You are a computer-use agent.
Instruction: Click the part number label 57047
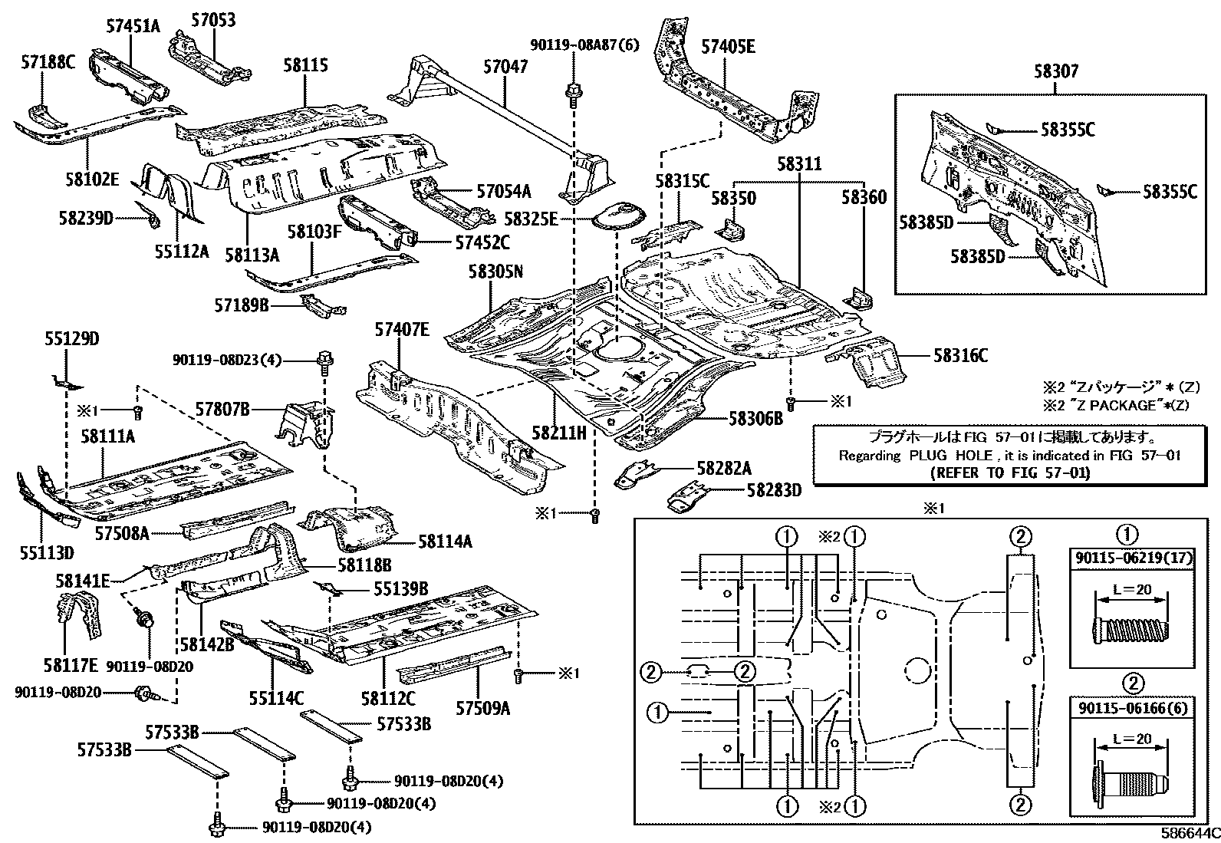coord(505,67)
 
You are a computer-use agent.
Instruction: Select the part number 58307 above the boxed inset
coord(1055,72)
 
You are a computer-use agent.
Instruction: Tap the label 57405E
coord(728,48)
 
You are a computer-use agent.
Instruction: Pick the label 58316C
coord(960,355)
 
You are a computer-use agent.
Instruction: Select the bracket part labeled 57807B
coord(303,427)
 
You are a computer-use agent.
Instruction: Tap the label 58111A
coord(107,436)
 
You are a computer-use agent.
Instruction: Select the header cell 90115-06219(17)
coord(1132,558)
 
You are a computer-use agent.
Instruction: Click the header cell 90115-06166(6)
coord(1132,706)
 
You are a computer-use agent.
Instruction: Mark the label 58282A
coord(724,469)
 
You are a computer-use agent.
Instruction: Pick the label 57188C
coord(48,63)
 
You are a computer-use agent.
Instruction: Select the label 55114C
coord(276,698)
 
